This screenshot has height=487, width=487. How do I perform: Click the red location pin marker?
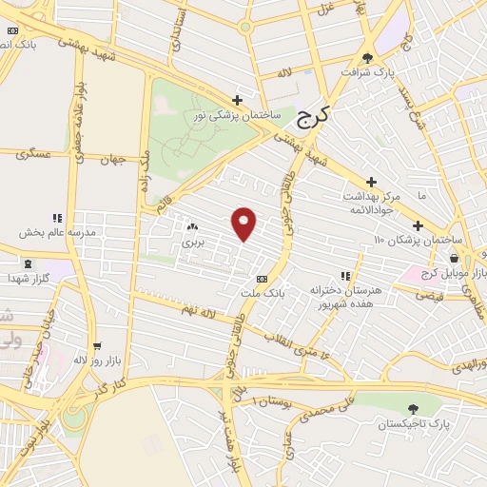click(x=245, y=224)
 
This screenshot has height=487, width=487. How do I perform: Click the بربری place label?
click(x=193, y=243)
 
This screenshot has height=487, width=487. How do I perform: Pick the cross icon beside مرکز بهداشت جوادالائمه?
click(x=372, y=182)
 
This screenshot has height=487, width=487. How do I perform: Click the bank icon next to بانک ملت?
click(x=263, y=278)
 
